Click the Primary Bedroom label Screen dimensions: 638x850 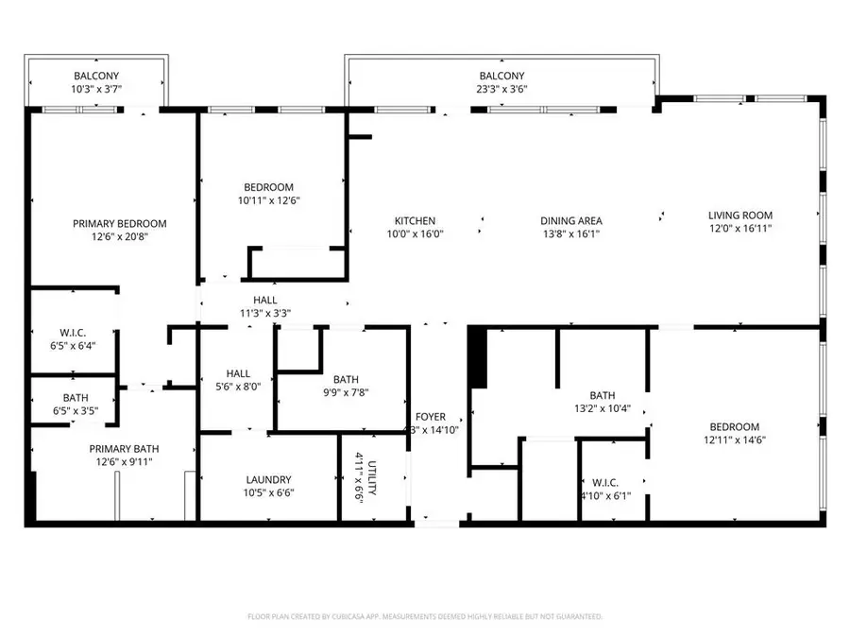click(120, 224)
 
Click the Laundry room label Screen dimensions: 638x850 click(268, 479)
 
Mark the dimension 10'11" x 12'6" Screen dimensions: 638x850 click(268, 200)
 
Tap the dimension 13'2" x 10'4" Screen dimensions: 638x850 click(603, 409)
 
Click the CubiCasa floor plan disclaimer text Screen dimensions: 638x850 click(425, 616)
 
